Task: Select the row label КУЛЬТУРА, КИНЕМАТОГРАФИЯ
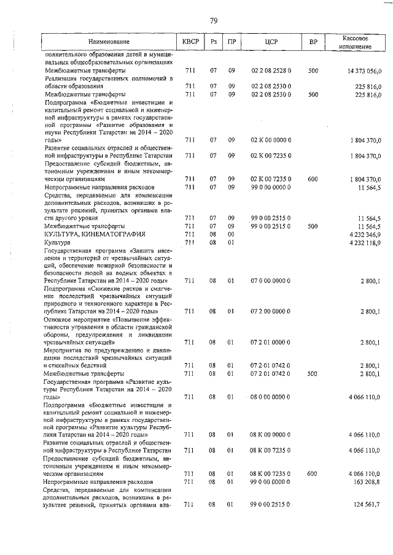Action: click(x=95, y=234)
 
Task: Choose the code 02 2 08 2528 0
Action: click(x=270, y=71)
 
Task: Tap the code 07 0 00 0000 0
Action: click(x=270, y=280)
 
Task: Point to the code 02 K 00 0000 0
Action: click(x=270, y=140)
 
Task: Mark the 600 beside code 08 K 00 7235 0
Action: click(x=313, y=474)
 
